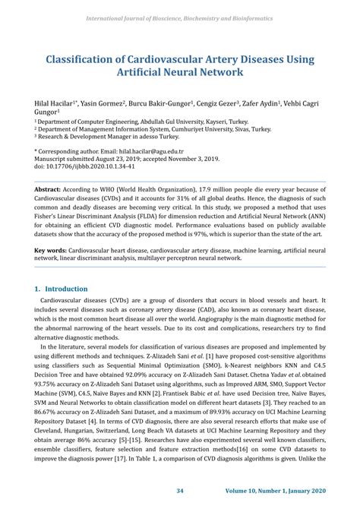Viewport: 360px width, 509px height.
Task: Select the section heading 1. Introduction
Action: pyautogui.click(x=66, y=289)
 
